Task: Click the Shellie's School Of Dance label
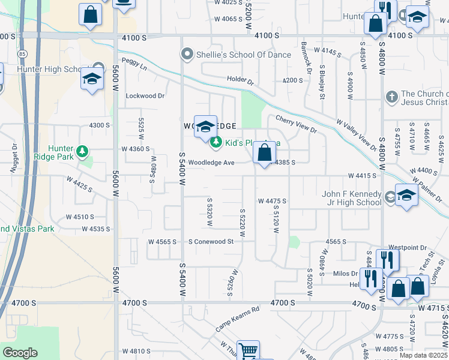[x=244, y=55]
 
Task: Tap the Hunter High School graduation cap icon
[x=92, y=80]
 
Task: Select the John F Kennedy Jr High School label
[x=352, y=198]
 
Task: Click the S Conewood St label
[x=211, y=241]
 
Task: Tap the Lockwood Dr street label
[x=145, y=96]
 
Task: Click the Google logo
[x=20, y=352]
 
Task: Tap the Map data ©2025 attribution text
[x=423, y=355]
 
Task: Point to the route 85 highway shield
[x=22, y=55]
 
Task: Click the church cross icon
[x=391, y=97]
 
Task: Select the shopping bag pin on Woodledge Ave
[x=264, y=153]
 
